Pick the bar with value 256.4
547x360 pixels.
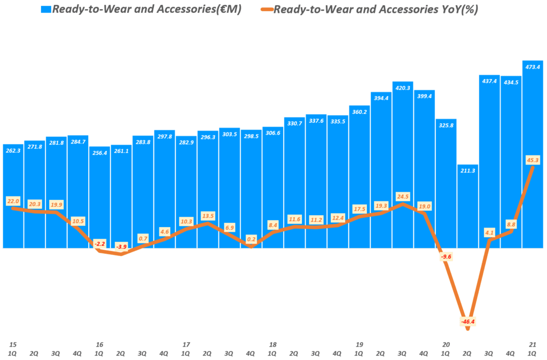99,197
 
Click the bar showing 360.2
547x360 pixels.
359,176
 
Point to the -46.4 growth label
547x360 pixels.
467,322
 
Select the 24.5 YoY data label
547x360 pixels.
402,195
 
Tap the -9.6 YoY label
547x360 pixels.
446,257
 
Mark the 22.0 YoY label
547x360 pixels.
13,201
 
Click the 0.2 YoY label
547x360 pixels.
251,239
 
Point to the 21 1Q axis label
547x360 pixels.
532,348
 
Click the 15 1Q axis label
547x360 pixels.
13,348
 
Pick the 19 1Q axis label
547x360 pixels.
359,348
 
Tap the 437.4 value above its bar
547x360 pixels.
489,81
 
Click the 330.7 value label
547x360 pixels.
294,123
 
